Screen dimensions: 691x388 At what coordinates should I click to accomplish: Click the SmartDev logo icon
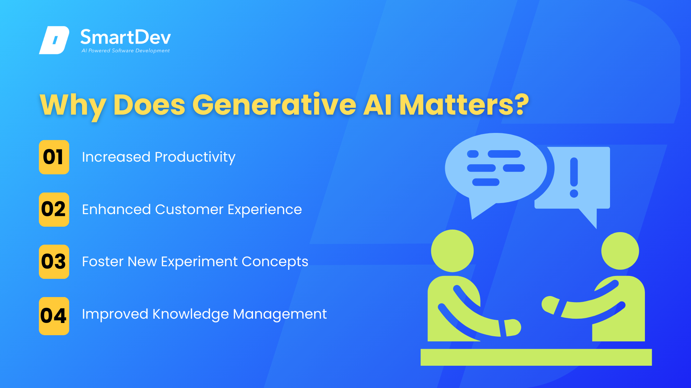[54, 40]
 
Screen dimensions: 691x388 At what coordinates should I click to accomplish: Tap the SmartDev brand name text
[125, 37]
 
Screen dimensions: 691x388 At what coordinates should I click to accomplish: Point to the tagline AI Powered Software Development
[126, 51]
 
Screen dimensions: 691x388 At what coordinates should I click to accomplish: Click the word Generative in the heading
[274, 105]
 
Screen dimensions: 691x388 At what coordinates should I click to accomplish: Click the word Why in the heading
[73, 106]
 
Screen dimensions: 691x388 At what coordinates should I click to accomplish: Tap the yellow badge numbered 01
[54, 157]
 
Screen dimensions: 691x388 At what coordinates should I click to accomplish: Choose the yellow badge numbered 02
[54, 209]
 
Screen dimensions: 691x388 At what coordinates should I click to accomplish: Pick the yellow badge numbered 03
[54, 262]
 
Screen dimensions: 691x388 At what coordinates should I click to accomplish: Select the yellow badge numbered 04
[54, 316]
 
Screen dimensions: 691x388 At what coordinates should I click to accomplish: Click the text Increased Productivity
[159, 157]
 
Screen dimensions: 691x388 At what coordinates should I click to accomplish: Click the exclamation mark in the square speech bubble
[574, 177]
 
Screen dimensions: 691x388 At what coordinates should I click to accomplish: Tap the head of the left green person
[452, 251]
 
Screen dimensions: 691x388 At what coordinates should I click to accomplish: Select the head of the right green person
[620, 251]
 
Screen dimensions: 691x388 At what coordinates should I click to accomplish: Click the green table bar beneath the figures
[536, 357]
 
